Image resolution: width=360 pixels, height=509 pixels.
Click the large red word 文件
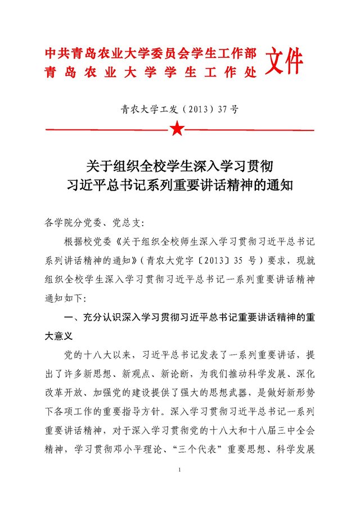pyautogui.click(x=284, y=61)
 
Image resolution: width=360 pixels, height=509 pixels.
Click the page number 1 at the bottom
pyautogui.click(x=179, y=470)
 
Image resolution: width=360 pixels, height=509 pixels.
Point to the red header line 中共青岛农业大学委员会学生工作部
pyautogui.click(x=151, y=54)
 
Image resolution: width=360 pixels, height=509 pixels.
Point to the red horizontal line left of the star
pyautogui.click(x=107, y=130)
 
